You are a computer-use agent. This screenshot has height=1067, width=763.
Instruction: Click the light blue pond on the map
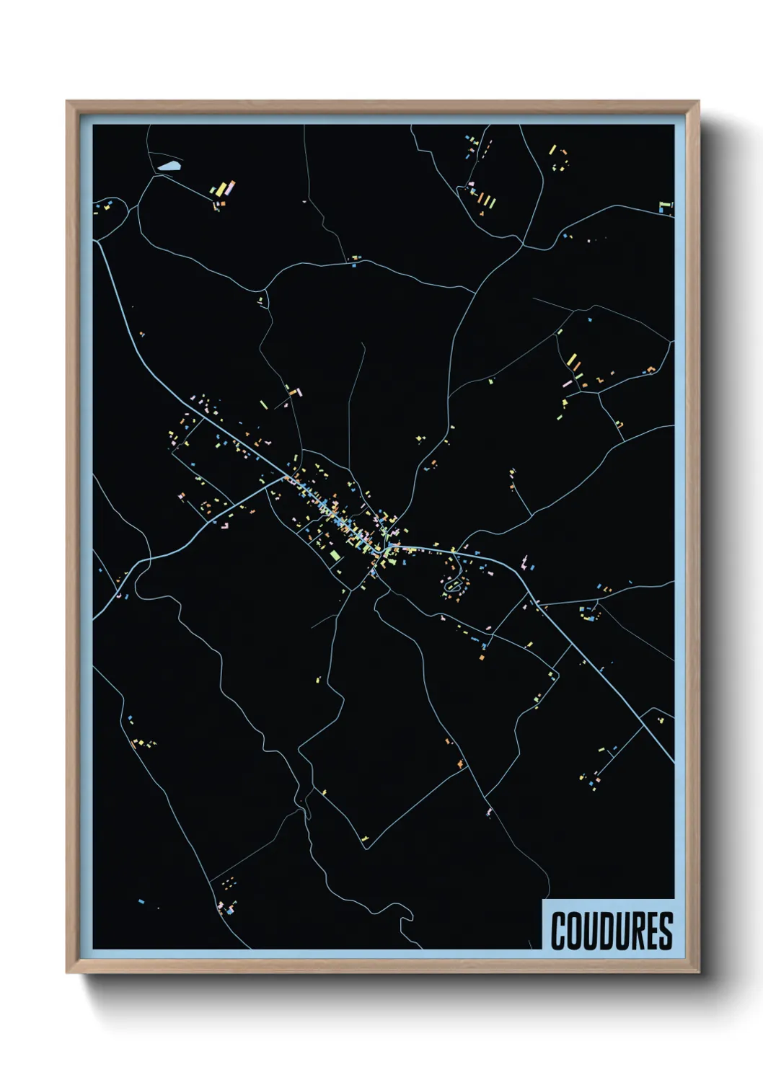170,167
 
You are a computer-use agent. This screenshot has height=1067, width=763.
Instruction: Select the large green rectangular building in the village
334,554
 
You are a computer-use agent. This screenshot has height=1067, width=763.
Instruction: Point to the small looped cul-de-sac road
453,586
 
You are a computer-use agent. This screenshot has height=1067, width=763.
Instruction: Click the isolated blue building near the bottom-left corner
141,900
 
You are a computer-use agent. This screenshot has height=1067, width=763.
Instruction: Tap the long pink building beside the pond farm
229,187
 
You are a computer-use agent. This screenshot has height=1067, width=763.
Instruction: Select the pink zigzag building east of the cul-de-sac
525,560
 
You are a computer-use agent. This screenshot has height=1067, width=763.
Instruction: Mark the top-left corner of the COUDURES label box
542,900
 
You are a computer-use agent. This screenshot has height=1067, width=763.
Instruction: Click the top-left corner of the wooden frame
66,101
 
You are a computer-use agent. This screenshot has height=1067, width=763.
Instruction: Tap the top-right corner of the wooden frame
699,101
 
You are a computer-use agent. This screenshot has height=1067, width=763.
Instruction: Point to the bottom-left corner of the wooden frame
66,973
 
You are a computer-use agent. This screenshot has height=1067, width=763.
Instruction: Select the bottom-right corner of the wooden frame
699,973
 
